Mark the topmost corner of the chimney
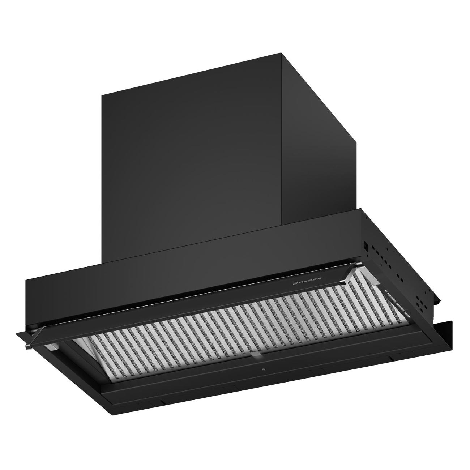[281, 54]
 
